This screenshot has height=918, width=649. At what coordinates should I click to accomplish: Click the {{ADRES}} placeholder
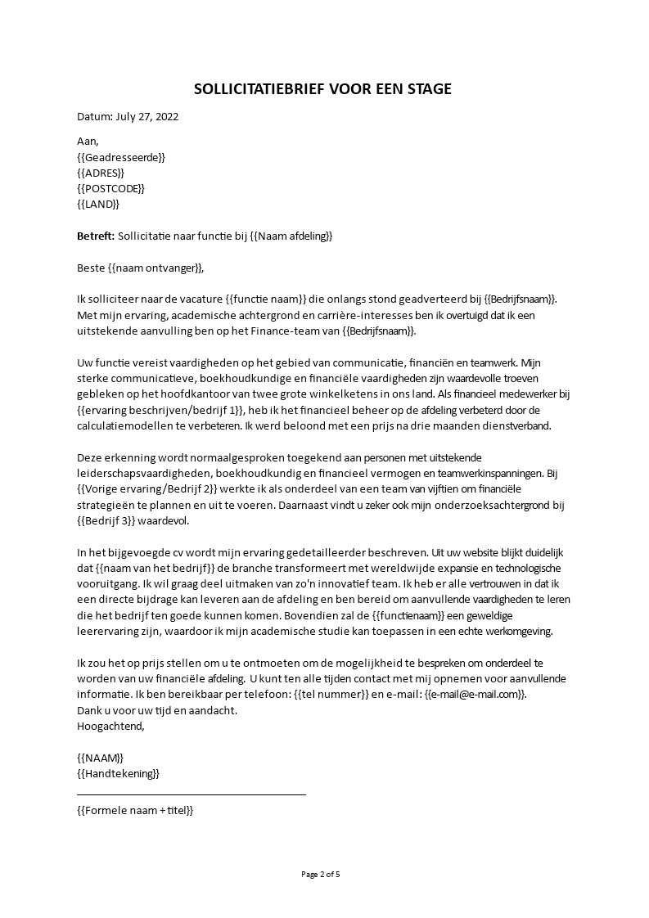pos(100,173)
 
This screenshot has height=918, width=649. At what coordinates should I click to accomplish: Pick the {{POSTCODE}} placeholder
pos(110,188)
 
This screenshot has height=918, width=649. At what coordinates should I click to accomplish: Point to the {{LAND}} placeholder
pos(98,204)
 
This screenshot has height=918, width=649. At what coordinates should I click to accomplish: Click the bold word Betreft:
pos(96,236)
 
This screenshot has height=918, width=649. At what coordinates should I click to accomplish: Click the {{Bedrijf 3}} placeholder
pos(109,520)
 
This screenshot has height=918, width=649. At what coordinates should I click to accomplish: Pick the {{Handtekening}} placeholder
pos(118,773)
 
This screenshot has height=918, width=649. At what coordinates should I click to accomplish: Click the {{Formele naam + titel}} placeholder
pos(135,810)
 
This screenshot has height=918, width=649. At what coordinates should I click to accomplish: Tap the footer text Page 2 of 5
pos(320,875)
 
